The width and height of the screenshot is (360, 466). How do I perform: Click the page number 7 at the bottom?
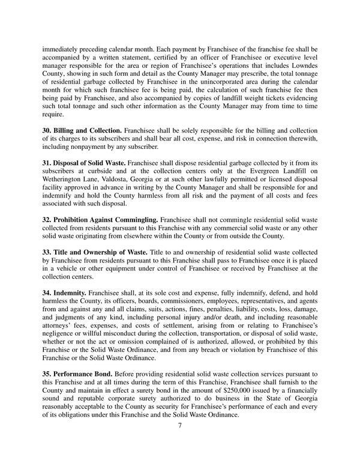[180, 426]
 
